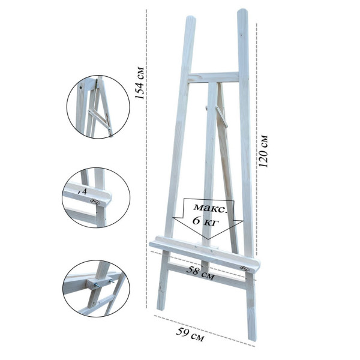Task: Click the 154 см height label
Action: [139, 83]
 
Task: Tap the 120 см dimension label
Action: [263, 151]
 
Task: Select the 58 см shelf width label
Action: [200, 273]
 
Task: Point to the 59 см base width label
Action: [190, 335]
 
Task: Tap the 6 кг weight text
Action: [205, 221]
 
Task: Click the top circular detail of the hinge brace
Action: [98, 107]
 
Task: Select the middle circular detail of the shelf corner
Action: [96, 197]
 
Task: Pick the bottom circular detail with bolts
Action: [96, 289]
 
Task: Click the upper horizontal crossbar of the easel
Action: [214, 78]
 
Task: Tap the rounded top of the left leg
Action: [191, 19]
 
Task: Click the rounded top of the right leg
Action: [242, 11]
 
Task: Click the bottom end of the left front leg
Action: [160, 309]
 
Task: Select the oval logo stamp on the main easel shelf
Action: [244, 268]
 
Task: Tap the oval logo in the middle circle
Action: [95, 202]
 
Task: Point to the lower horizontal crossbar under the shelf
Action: [206, 275]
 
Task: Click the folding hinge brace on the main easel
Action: [221, 116]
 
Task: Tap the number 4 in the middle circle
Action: [84, 191]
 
